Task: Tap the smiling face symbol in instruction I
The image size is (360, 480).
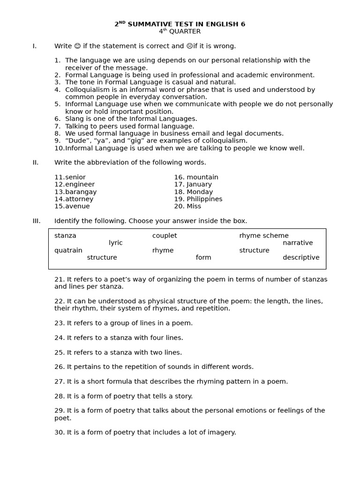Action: (x=77, y=46)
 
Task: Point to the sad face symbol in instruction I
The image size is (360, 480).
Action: (x=189, y=46)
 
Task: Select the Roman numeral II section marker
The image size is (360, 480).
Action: (x=35, y=163)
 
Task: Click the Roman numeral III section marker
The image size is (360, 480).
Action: (x=36, y=221)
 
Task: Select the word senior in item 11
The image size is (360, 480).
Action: (x=75, y=177)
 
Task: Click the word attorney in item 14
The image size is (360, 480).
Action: (x=79, y=199)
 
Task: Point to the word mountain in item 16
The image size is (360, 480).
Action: (x=202, y=177)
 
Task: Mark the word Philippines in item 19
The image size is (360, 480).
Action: (x=204, y=199)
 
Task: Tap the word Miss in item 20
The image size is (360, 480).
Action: (x=194, y=206)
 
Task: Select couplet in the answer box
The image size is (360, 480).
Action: (x=165, y=236)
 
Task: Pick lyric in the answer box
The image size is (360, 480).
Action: (x=115, y=243)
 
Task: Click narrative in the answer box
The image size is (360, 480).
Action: (x=298, y=243)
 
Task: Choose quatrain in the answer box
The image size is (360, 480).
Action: (x=68, y=250)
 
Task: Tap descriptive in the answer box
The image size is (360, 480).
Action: (x=301, y=257)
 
